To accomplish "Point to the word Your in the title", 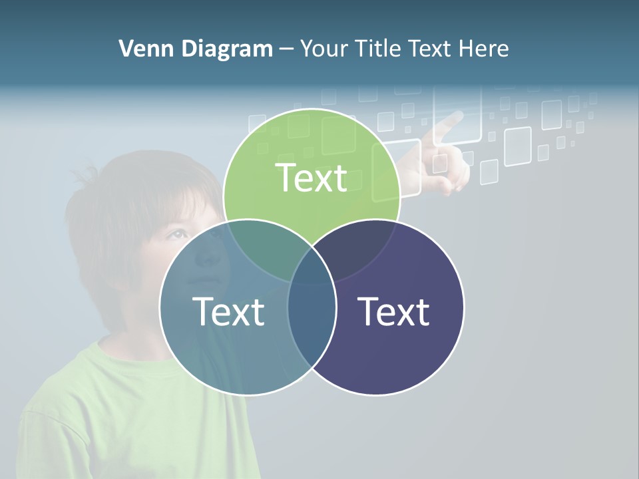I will [x=324, y=49].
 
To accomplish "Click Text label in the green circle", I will [x=312, y=178].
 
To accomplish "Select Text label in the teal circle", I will [x=228, y=311].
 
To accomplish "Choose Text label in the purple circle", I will [x=394, y=311].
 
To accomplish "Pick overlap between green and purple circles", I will [x=359, y=246].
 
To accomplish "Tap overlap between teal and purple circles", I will [x=312, y=326].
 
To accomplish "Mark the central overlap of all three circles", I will [x=312, y=266].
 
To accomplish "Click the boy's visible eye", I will [x=177, y=234].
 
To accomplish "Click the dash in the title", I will [x=286, y=49].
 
